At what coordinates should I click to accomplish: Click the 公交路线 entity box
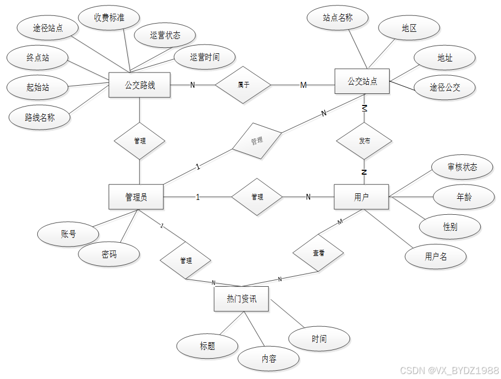pos(140,85)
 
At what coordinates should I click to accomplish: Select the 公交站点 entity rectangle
pos(362,82)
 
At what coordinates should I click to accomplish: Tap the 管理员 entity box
pos(136,197)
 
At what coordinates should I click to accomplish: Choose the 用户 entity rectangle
pos(361,197)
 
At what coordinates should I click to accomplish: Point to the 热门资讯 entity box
pos(241,299)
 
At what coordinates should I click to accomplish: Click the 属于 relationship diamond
pos(243,85)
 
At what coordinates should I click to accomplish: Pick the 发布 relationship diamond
pos(364,141)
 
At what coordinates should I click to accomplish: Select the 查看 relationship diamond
pos(318,253)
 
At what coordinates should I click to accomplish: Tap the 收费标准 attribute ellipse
pos(109,18)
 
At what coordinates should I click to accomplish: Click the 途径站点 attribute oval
pos(48,27)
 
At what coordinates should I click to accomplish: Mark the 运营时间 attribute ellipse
pos(205,57)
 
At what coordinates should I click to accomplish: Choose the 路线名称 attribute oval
pos(40,117)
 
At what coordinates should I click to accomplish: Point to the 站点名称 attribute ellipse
pos(337,18)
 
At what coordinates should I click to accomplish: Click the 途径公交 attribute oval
pos(444,87)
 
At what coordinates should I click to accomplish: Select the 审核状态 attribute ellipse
pos(462,167)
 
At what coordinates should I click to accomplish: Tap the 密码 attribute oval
pos(109,255)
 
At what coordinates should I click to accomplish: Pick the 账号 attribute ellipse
pos(68,234)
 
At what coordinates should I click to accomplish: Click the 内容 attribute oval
pos(268,359)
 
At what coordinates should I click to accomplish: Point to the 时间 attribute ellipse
pos(319,339)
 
